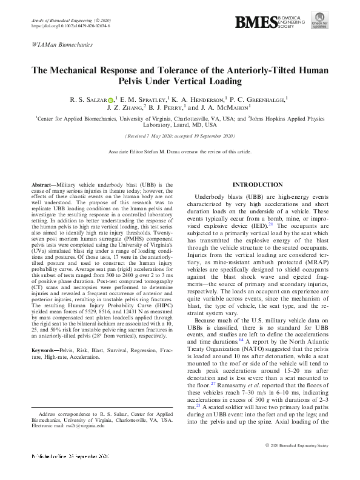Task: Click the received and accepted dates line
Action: coord(179,138)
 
